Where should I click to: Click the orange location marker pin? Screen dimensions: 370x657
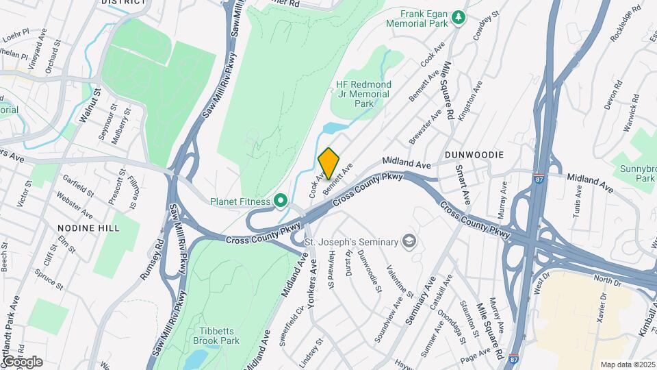point(329,163)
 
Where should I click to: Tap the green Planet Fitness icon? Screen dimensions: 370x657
point(280,201)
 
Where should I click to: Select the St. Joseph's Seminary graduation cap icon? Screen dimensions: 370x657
point(409,241)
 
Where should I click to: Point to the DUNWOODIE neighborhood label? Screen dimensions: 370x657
point(474,156)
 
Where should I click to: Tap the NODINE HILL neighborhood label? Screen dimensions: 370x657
point(88,227)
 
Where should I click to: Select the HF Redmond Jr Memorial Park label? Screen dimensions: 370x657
point(362,94)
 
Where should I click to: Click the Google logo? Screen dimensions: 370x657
point(22,361)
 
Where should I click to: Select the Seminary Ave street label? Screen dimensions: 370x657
point(422,297)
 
